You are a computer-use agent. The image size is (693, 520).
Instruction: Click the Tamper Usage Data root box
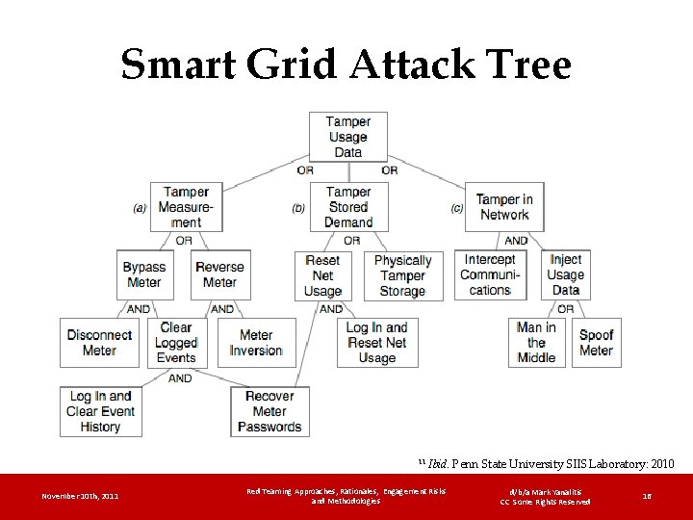tap(347, 137)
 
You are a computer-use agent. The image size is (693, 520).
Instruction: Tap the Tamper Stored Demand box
tap(348, 207)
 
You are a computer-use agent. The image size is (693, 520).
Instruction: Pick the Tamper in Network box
tap(503, 207)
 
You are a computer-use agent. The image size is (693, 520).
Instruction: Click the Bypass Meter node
tap(144, 274)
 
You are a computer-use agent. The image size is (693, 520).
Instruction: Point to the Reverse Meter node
tap(219, 274)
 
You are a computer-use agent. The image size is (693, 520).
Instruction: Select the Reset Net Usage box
tap(322, 275)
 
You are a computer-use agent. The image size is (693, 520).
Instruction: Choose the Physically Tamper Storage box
tap(402, 275)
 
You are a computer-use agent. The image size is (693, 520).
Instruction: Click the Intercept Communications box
tap(490, 274)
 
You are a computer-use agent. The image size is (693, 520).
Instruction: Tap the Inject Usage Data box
tap(566, 274)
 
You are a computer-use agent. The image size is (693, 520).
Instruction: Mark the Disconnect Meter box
tap(99, 343)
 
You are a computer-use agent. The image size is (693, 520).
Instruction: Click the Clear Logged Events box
tap(176, 343)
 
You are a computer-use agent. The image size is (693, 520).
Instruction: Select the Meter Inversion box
tap(256, 343)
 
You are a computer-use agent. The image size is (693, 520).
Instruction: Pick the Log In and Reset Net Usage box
tap(377, 343)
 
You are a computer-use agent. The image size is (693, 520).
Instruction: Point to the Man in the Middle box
tap(536, 343)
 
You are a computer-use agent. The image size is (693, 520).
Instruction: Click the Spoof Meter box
tap(597, 343)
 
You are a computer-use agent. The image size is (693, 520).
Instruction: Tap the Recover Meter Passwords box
tap(269, 411)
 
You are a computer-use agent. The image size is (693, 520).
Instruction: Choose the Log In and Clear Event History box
tap(101, 411)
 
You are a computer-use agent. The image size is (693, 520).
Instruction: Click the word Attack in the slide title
tap(404, 65)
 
